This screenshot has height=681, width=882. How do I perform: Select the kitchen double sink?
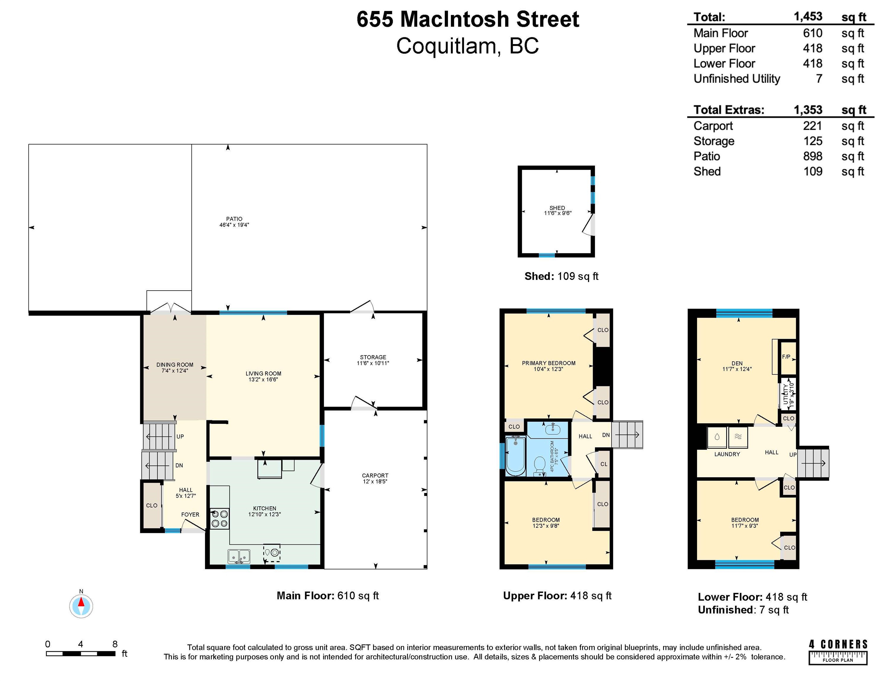click(x=239, y=557)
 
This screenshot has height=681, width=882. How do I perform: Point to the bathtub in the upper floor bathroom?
click(x=515, y=455)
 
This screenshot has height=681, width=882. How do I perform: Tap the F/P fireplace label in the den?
click(x=786, y=357)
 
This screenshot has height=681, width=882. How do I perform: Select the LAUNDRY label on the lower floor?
click(x=727, y=454)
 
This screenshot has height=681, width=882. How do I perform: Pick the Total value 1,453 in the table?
click(x=808, y=17)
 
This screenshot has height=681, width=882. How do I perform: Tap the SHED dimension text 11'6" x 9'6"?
click(x=557, y=213)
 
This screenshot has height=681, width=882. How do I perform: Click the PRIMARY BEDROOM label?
click(x=549, y=363)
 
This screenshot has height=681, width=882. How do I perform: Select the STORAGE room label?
click(x=373, y=357)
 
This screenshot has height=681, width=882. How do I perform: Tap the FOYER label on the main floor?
click(x=190, y=514)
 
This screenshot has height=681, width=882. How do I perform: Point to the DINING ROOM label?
click(x=175, y=365)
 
